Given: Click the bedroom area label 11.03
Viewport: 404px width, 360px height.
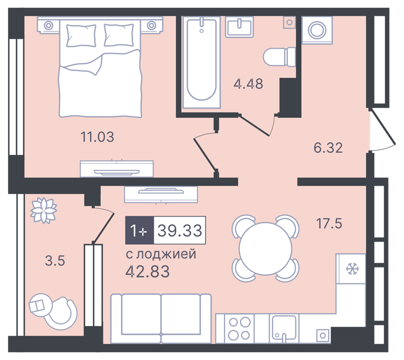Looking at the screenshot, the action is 97,137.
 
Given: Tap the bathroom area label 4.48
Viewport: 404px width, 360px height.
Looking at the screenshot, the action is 248,83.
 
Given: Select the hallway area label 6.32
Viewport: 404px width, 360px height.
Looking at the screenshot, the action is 328,148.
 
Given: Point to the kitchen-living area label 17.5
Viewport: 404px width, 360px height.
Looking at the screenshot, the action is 329,223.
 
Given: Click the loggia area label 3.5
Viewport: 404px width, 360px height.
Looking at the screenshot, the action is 55,260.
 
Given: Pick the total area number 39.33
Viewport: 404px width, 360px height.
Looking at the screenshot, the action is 180,230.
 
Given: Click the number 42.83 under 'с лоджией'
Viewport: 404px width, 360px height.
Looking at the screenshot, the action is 148,272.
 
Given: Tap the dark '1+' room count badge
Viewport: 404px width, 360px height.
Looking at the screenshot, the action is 140,230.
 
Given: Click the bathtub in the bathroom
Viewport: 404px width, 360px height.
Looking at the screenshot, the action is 201,62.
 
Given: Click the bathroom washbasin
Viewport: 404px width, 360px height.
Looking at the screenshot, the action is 240,27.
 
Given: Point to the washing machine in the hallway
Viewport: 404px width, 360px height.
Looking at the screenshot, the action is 317,30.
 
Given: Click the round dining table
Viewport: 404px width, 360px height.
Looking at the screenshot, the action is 265,248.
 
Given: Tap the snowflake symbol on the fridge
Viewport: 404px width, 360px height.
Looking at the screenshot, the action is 351,268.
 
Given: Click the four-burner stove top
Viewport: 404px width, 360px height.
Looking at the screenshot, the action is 240,329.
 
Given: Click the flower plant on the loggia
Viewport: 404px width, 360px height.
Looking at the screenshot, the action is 44,210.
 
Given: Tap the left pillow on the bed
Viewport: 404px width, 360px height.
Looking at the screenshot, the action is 81,35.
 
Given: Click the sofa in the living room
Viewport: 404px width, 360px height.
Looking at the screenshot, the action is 161,319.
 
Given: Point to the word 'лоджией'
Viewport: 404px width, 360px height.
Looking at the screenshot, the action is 166,254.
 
